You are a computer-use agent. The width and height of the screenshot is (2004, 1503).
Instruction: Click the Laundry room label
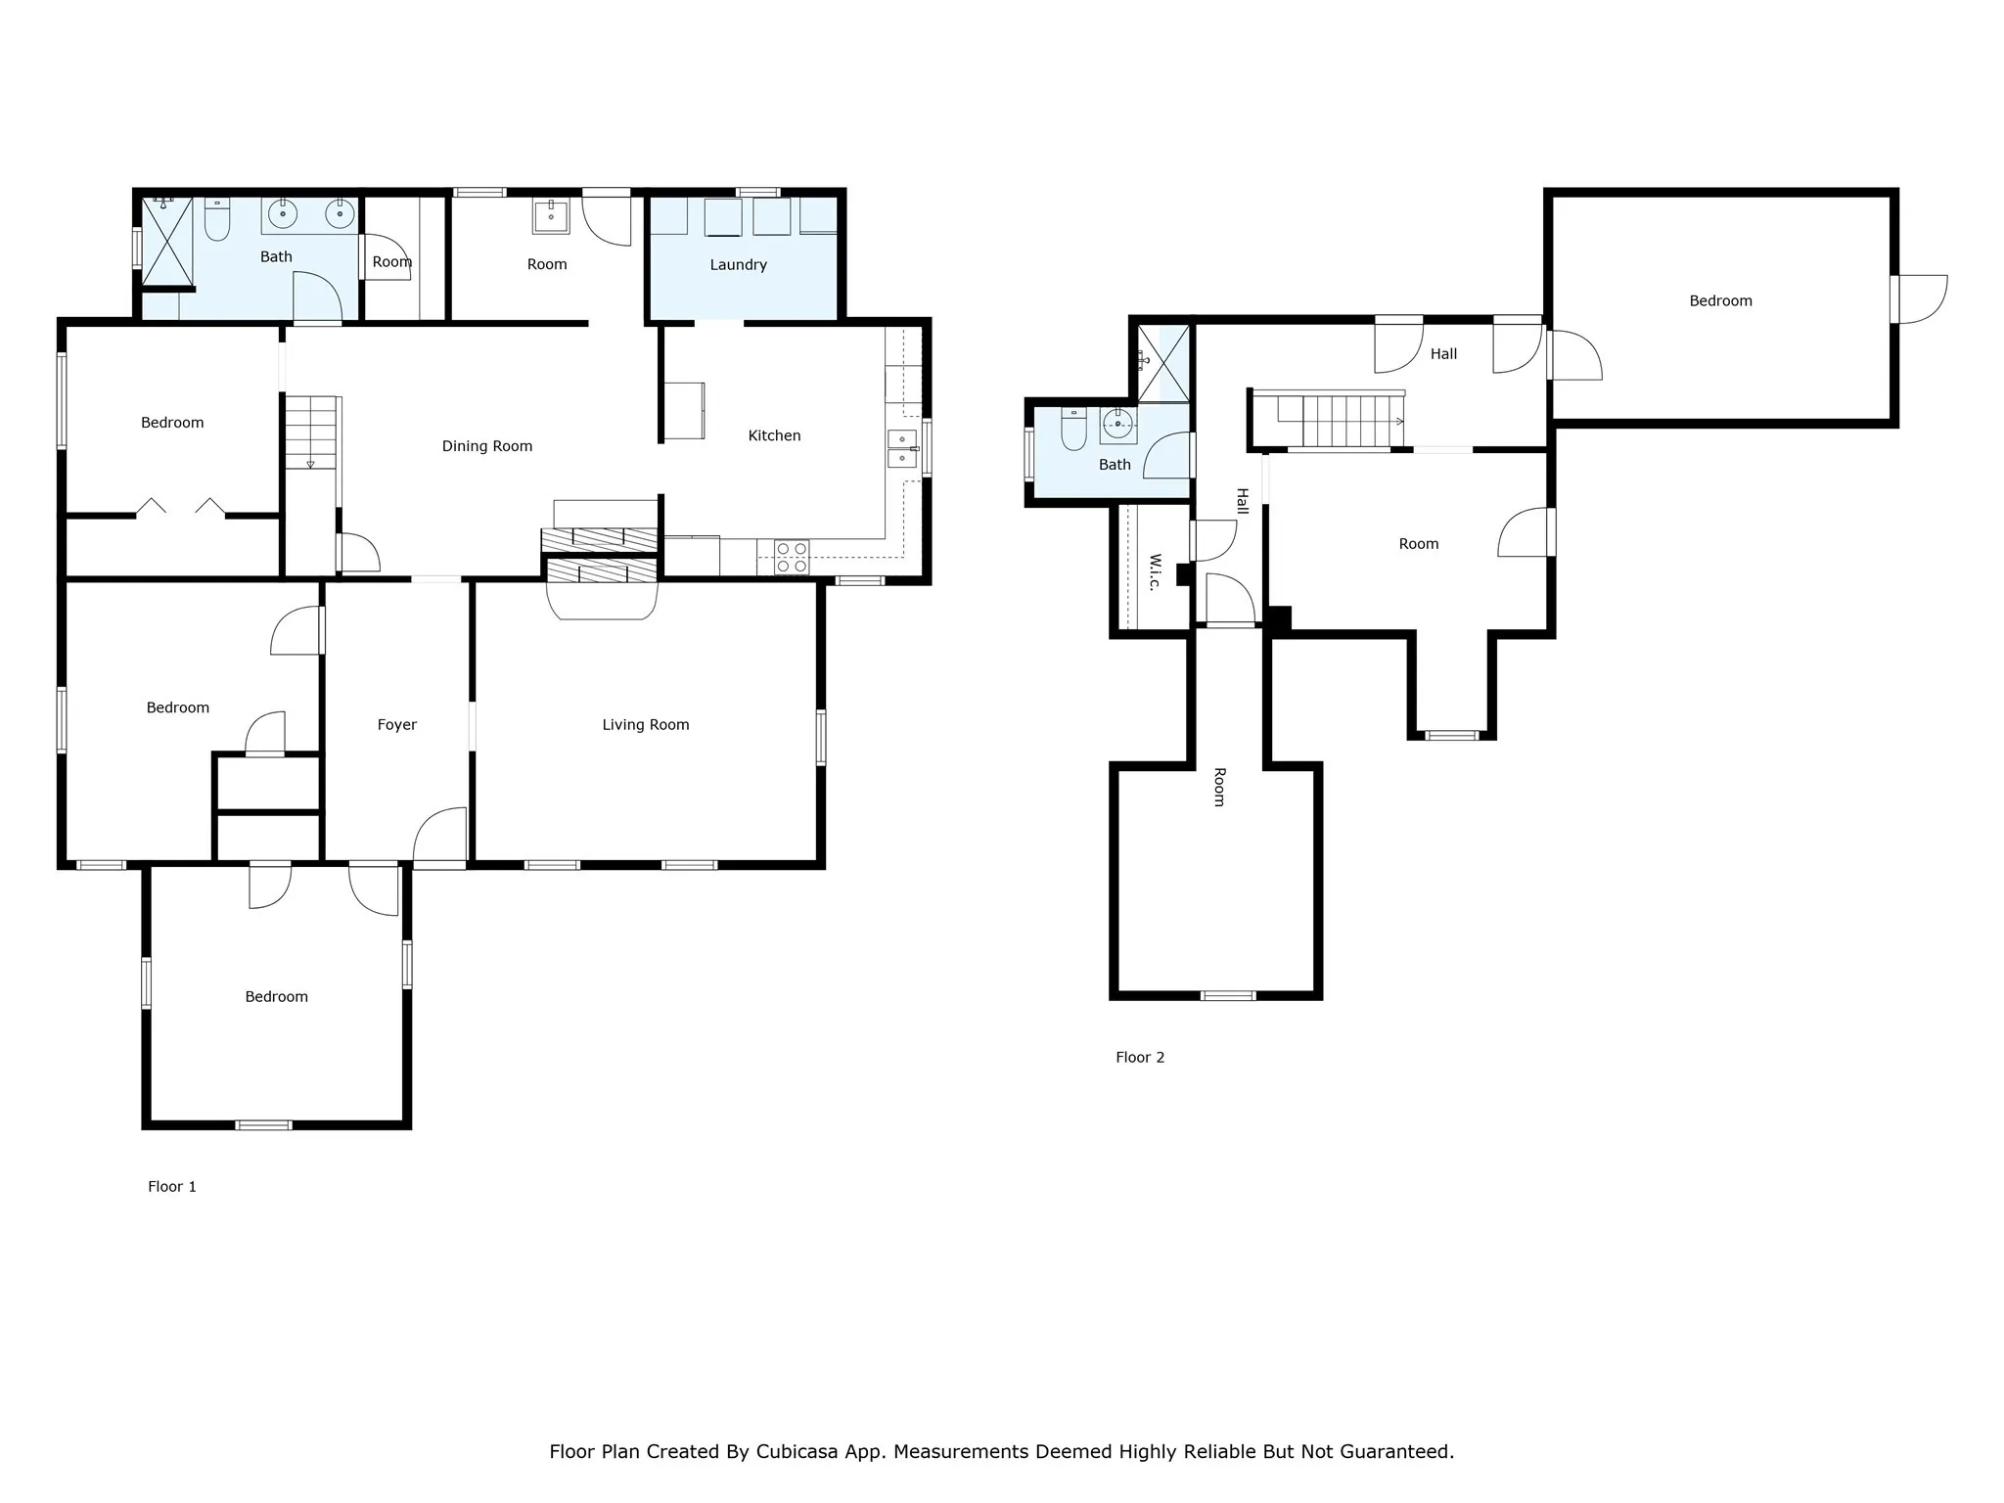[738, 265]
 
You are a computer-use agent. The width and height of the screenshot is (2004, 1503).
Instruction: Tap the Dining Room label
[487, 447]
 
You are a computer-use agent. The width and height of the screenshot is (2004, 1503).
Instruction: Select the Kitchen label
[774, 436]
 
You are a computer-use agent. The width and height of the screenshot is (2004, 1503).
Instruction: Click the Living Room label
[646, 725]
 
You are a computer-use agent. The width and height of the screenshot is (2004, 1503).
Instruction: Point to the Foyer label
[397, 725]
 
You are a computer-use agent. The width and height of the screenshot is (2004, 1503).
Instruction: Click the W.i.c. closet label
[1155, 572]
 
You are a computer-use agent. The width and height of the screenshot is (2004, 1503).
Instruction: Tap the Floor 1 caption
[172, 1187]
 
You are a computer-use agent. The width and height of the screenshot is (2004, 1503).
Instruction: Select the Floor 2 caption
[1140, 1058]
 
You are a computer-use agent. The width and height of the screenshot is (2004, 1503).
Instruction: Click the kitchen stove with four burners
[791, 558]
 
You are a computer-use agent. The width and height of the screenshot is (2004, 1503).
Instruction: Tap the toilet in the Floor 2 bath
[1073, 429]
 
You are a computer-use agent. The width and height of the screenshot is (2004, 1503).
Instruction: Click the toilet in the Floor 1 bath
[217, 219]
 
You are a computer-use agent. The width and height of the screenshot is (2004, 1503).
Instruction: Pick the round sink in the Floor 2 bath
[1117, 425]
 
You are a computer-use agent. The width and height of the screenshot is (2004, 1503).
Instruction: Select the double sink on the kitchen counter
[901, 449]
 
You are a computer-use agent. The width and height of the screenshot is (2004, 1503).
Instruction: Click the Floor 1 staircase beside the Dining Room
[311, 433]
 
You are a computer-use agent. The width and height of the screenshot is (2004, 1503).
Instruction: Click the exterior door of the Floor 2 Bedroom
[1919, 299]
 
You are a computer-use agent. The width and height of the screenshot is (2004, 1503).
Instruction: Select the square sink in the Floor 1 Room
[551, 216]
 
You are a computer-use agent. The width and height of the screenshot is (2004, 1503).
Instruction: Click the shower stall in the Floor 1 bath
[167, 242]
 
